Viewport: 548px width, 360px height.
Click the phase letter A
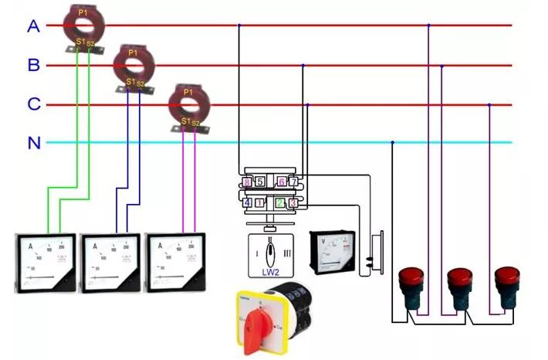click(33, 26)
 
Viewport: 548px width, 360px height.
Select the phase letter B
click(33, 66)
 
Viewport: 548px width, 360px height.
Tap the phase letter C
click(33, 104)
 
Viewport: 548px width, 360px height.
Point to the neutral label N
click(33, 143)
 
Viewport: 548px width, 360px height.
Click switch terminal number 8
click(247, 182)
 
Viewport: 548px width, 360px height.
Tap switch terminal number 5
click(260, 182)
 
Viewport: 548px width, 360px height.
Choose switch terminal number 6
click(282, 182)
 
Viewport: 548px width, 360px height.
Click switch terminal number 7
click(293, 182)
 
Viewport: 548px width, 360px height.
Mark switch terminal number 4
click(247, 203)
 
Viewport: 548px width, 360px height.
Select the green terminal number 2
click(281, 203)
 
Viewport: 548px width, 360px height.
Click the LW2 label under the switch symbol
click(269, 271)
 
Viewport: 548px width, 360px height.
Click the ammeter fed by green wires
click(46, 262)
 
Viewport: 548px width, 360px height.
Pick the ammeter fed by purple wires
click(178, 262)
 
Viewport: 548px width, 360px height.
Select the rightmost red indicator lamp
click(506, 282)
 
